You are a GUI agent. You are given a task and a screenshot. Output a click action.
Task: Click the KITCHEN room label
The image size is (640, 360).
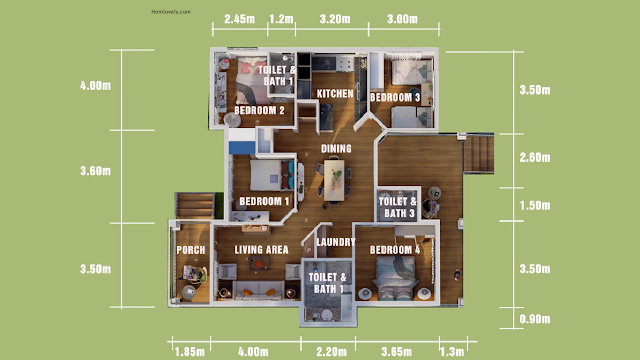click(x=335, y=94)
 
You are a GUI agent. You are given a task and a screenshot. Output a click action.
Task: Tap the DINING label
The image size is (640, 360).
click(x=336, y=149)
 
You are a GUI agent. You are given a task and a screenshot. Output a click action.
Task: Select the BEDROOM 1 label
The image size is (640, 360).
click(x=264, y=201)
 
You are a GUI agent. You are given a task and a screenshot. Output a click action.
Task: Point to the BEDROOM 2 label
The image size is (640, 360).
click(x=259, y=110)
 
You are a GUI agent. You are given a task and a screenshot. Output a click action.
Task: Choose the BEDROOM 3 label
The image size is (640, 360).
click(x=395, y=97)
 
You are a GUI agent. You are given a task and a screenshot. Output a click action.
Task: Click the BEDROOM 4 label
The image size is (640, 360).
click(x=395, y=250)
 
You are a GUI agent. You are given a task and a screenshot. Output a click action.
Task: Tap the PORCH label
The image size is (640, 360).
click(x=191, y=250)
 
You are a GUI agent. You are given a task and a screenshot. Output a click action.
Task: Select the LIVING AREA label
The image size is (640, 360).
click(x=261, y=250)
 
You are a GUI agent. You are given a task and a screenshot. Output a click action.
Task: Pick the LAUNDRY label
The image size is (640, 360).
click(x=336, y=242)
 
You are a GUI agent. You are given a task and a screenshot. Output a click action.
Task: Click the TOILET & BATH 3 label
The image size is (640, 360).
click(x=398, y=207)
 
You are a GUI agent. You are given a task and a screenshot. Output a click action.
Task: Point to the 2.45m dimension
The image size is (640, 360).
click(x=239, y=19)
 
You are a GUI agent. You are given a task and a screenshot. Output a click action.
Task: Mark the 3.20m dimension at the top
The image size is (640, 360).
click(x=335, y=19)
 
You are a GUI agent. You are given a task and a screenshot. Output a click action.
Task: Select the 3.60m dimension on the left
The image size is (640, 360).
click(x=96, y=171)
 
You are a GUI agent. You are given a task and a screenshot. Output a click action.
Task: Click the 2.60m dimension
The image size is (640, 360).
click(x=535, y=157)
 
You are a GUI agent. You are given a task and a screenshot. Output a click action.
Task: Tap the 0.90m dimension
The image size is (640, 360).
click(x=535, y=319)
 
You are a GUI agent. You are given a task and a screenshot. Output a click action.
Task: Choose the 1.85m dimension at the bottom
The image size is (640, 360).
click(x=190, y=351)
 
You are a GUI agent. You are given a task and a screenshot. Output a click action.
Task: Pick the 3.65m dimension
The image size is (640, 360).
click(x=396, y=351)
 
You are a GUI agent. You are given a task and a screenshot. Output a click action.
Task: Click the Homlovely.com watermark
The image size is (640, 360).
click(x=171, y=12)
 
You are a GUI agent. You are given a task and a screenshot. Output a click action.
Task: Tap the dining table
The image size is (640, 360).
click(x=334, y=180)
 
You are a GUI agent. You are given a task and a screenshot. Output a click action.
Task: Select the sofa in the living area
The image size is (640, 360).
click(x=257, y=289)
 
